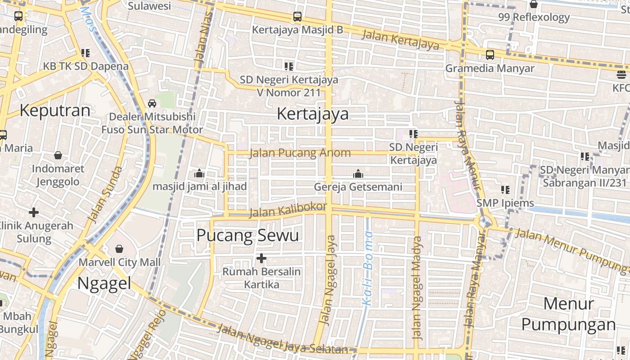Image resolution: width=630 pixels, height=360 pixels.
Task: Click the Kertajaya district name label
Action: coord(313,113)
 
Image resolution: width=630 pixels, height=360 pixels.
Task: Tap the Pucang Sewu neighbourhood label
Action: coord(247,235)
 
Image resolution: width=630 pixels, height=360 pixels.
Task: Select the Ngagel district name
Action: coord(104,283)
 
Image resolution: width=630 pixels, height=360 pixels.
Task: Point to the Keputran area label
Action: coord(55,110)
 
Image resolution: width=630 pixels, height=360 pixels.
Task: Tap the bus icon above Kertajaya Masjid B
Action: coord(297,17)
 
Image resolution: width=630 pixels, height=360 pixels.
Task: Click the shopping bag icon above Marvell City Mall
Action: coord(119,248)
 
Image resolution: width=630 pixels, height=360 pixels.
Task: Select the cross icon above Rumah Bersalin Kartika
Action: coord(261,258)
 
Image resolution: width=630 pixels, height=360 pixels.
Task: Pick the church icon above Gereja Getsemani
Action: coord(358,173)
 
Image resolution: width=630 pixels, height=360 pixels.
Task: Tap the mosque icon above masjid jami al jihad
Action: coord(199,173)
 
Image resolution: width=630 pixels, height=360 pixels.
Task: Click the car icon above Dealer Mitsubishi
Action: coord(152,103)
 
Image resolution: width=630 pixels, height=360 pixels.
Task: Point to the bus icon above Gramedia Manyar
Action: coord(490,55)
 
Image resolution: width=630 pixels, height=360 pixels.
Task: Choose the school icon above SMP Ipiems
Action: coord(505,190)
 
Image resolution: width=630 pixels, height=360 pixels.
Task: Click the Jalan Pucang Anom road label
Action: coord(300,153)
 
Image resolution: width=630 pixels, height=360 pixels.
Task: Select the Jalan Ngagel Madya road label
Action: coord(417,288)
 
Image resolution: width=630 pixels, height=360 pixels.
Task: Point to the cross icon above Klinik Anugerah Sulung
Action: coord(34,212)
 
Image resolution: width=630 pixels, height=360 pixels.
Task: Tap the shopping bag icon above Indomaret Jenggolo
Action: coord(58,155)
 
